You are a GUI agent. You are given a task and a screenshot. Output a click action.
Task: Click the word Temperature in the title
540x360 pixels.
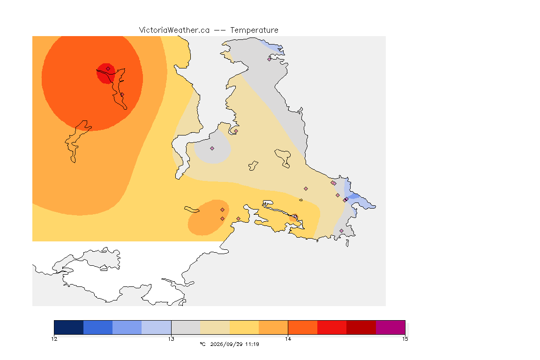(254, 30)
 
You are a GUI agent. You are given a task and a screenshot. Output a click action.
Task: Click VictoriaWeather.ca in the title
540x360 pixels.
(174, 30)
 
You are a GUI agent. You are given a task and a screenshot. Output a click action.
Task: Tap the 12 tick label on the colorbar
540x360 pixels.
(54, 339)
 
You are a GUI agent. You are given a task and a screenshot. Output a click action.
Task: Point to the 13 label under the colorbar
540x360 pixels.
(171, 339)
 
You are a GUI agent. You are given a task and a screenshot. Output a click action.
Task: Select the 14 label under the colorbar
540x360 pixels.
(288, 339)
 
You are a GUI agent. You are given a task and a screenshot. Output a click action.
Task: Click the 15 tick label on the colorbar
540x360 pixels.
(405, 339)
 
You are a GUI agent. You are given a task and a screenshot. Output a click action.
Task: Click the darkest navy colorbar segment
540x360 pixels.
(69, 327)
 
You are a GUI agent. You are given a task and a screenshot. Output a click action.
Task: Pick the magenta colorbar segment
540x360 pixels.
(390, 327)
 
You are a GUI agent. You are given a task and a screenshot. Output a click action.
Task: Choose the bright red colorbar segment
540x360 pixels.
(332, 327)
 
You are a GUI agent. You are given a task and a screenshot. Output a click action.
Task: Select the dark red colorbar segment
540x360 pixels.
(361, 327)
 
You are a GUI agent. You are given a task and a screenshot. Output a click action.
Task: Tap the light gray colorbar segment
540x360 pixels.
(186, 327)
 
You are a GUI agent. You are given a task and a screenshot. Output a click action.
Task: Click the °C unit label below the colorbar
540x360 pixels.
(203, 344)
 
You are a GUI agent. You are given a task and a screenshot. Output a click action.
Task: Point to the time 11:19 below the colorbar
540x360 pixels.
(252, 344)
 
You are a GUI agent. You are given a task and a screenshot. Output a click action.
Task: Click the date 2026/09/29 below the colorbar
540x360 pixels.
(226, 344)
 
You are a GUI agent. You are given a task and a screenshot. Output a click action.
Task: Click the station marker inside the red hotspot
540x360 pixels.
(108, 68)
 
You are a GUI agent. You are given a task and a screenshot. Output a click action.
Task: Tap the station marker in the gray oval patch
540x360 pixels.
(212, 149)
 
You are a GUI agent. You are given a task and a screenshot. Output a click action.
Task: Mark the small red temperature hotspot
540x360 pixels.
(106, 74)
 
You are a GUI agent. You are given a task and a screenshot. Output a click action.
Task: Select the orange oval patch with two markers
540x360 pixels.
(208, 217)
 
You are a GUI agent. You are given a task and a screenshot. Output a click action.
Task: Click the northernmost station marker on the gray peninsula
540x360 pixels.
(270, 59)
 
